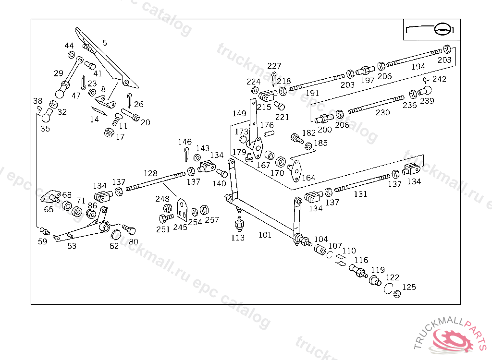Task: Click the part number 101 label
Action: coord(265,235)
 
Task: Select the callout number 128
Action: coord(150,173)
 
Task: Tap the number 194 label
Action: coord(418,67)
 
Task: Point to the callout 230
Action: coord(382,112)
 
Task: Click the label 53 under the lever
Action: coord(72,246)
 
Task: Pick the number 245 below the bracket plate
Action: coord(180,227)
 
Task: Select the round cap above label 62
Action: coord(115,235)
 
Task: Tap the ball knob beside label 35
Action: coord(47,117)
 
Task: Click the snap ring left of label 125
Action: coord(389,288)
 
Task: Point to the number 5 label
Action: coord(105,43)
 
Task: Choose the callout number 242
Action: coord(439,79)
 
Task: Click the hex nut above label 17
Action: coord(109,132)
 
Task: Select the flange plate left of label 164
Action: coord(296,168)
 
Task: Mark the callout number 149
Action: coord(239,114)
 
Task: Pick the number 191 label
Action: coord(312,93)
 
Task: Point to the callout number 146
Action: coord(184,142)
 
